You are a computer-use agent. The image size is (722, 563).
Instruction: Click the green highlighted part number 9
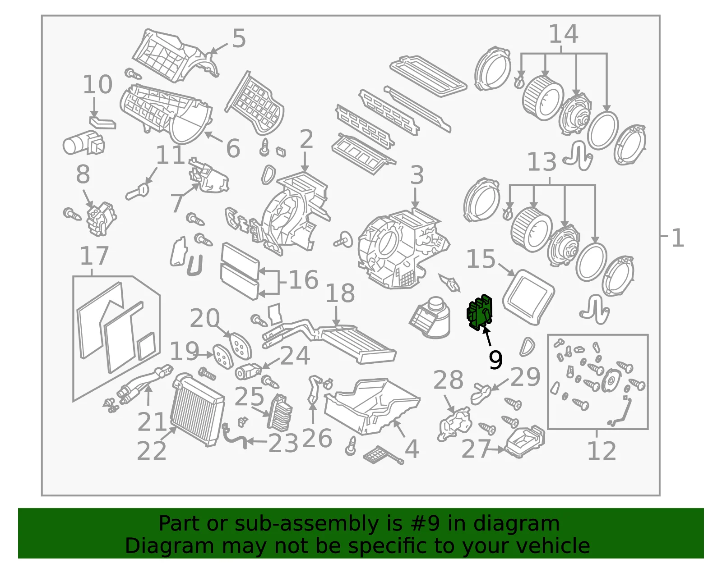[479, 312]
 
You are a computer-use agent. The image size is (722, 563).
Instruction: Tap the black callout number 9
[495, 360]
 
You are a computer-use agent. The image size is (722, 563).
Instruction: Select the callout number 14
[564, 34]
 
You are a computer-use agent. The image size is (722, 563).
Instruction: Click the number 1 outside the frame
[678, 238]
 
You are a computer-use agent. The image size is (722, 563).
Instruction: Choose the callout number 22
[152, 450]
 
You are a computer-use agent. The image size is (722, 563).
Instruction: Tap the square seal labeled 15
[528, 297]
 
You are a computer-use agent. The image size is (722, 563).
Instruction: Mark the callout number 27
[476, 449]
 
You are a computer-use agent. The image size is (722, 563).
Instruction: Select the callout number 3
[417, 175]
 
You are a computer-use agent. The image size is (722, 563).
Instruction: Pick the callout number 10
[97, 84]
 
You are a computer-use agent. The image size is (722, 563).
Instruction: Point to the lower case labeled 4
[372, 406]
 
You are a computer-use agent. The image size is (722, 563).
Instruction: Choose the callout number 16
[304, 279]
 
